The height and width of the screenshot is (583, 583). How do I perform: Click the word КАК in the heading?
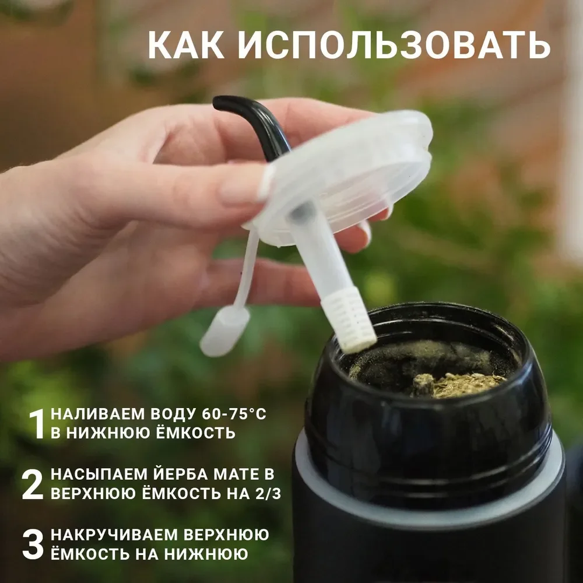[187, 45]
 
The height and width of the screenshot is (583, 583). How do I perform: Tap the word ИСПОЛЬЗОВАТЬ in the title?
[394, 45]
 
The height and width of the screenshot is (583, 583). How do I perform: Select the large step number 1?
[37, 424]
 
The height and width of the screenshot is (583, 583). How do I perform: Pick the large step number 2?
[33, 484]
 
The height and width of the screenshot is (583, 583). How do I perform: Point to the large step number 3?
[33, 545]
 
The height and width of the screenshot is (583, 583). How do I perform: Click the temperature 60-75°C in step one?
[234, 414]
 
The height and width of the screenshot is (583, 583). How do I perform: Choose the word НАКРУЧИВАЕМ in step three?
[114, 535]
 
